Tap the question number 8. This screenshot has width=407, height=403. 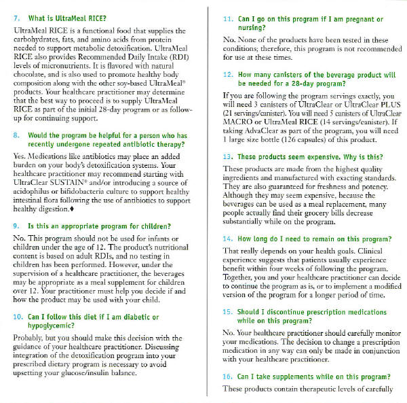coord(16,136)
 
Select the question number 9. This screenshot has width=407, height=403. coord(16,225)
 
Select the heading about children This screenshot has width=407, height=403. coord(99,225)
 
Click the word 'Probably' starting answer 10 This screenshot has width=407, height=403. coord(29,338)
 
